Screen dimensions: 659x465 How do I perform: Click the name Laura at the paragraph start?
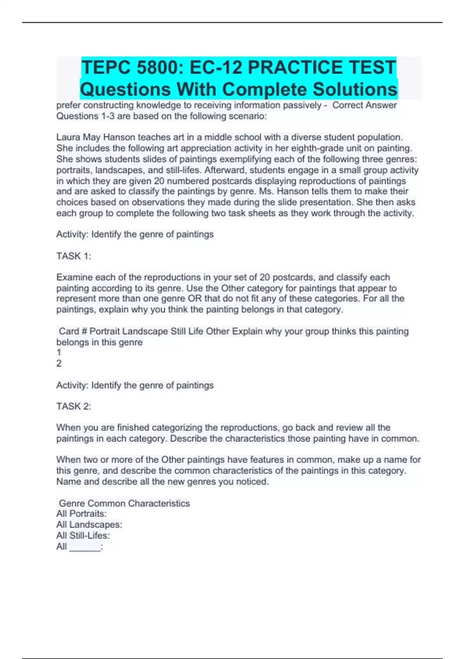pyautogui.click(x=68, y=137)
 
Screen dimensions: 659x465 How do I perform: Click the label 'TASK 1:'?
pyautogui.click(x=74, y=256)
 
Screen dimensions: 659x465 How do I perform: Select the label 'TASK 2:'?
pyautogui.click(x=74, y=406)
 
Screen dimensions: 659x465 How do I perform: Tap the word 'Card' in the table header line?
pyautogui.click(x=69, y=331)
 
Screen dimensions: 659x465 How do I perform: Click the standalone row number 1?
pyautogui.click(x=59, y=352)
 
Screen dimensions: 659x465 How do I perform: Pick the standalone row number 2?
pyautogui.click(x=59, y=363)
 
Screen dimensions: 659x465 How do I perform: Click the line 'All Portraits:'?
pyautogui.click(x=81, y=514)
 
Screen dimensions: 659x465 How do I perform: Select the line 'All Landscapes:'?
pyautogui.click(x=89, y=524)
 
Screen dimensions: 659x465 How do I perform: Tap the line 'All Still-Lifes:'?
pyautogui.click(x=83, y=535)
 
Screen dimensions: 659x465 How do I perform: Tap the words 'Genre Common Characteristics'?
pyautogui.click(x=124, y=503)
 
